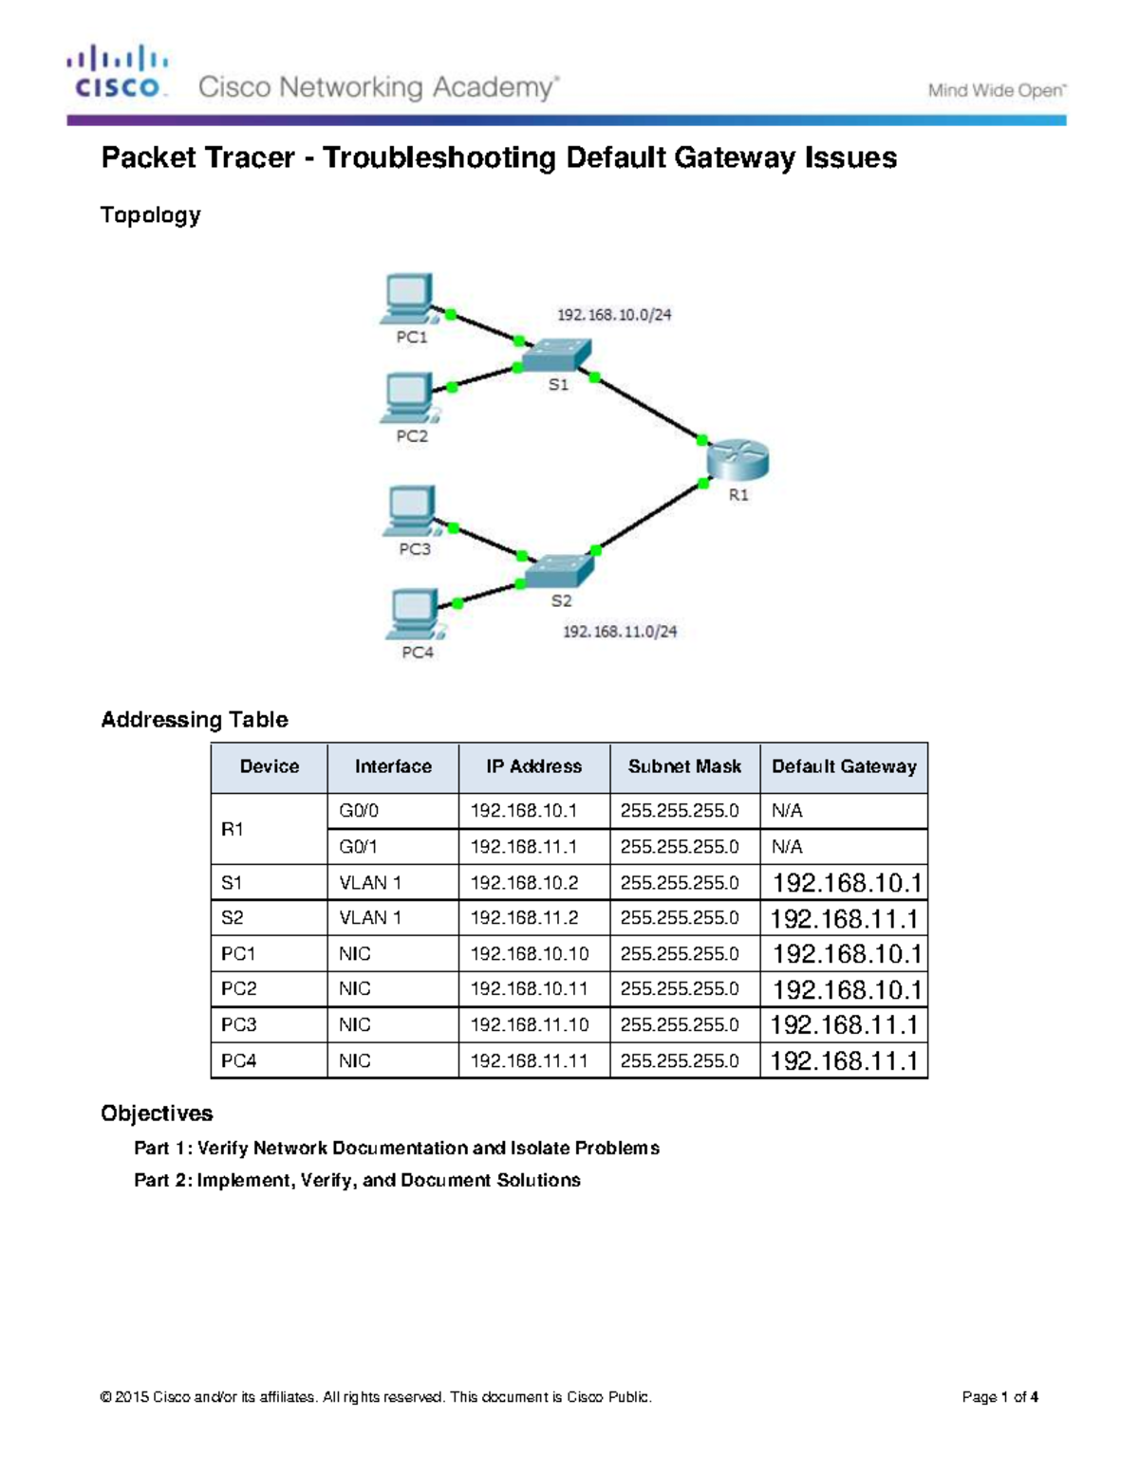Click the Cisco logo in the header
(x=118, y=72)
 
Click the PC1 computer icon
(x=409, y=299)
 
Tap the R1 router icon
(x=738, y=461)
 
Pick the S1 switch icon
(x=556, y=356)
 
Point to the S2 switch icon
(x=560, y=571)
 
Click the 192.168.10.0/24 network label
(x=614, y=315)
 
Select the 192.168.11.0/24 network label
(x=620, y=632)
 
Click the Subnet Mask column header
(x=684, y=766)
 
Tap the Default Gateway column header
(x=844, y=766)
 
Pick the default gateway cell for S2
(x=844, y=918)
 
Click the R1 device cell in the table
(x=233, y=829)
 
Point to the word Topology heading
(x=150, y=215)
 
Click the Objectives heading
(x=157, y=1113)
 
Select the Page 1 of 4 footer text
(x=999, y=1397)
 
